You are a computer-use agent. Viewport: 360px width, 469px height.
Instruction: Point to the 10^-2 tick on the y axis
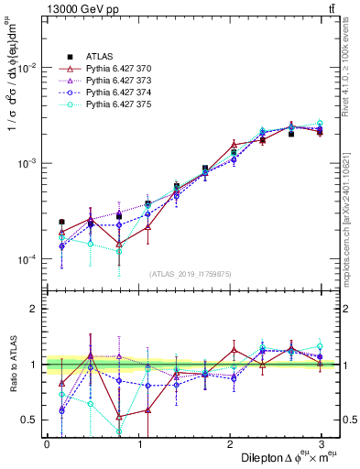[x=27, y=68]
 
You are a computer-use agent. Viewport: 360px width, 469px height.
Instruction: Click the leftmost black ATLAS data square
[x=61, y=222]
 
